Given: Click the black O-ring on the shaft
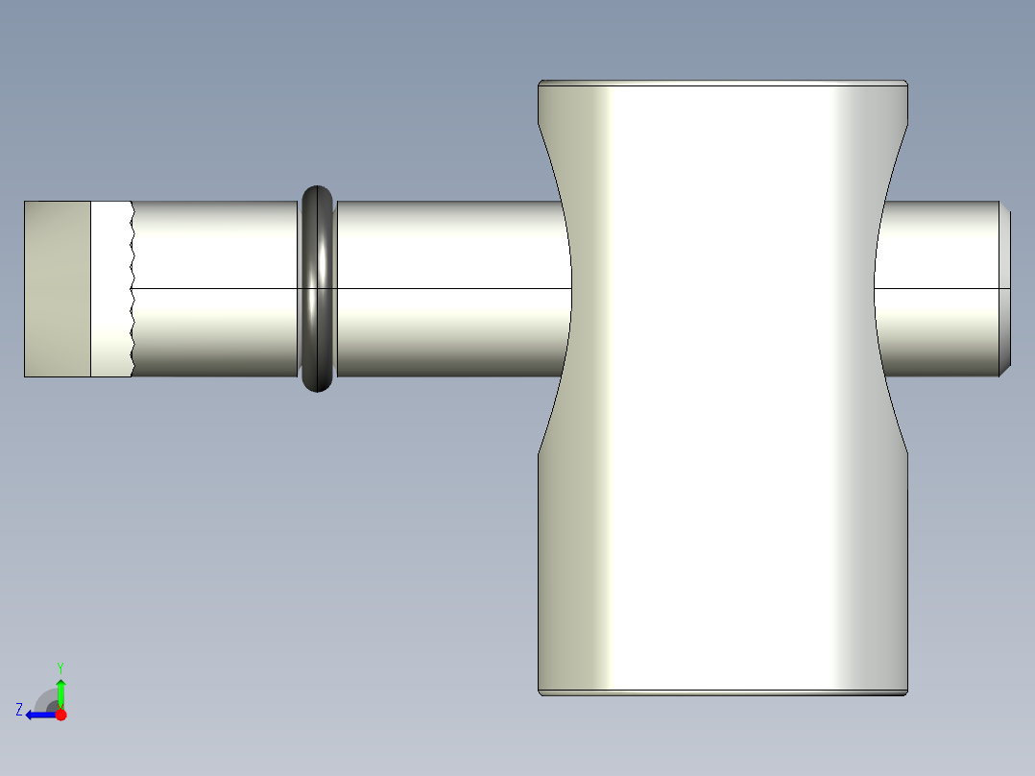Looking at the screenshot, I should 318,288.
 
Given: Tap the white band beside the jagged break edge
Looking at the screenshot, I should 110,288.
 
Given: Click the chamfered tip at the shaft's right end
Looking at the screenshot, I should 1005,288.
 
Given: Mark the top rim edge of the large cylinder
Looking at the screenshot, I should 723,84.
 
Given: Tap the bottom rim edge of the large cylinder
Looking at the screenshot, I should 723,691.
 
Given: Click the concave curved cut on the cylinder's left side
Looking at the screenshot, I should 562,288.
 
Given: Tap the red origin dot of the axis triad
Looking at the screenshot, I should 60,715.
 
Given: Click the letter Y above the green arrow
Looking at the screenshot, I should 60,667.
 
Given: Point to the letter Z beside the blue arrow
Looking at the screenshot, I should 19,710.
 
